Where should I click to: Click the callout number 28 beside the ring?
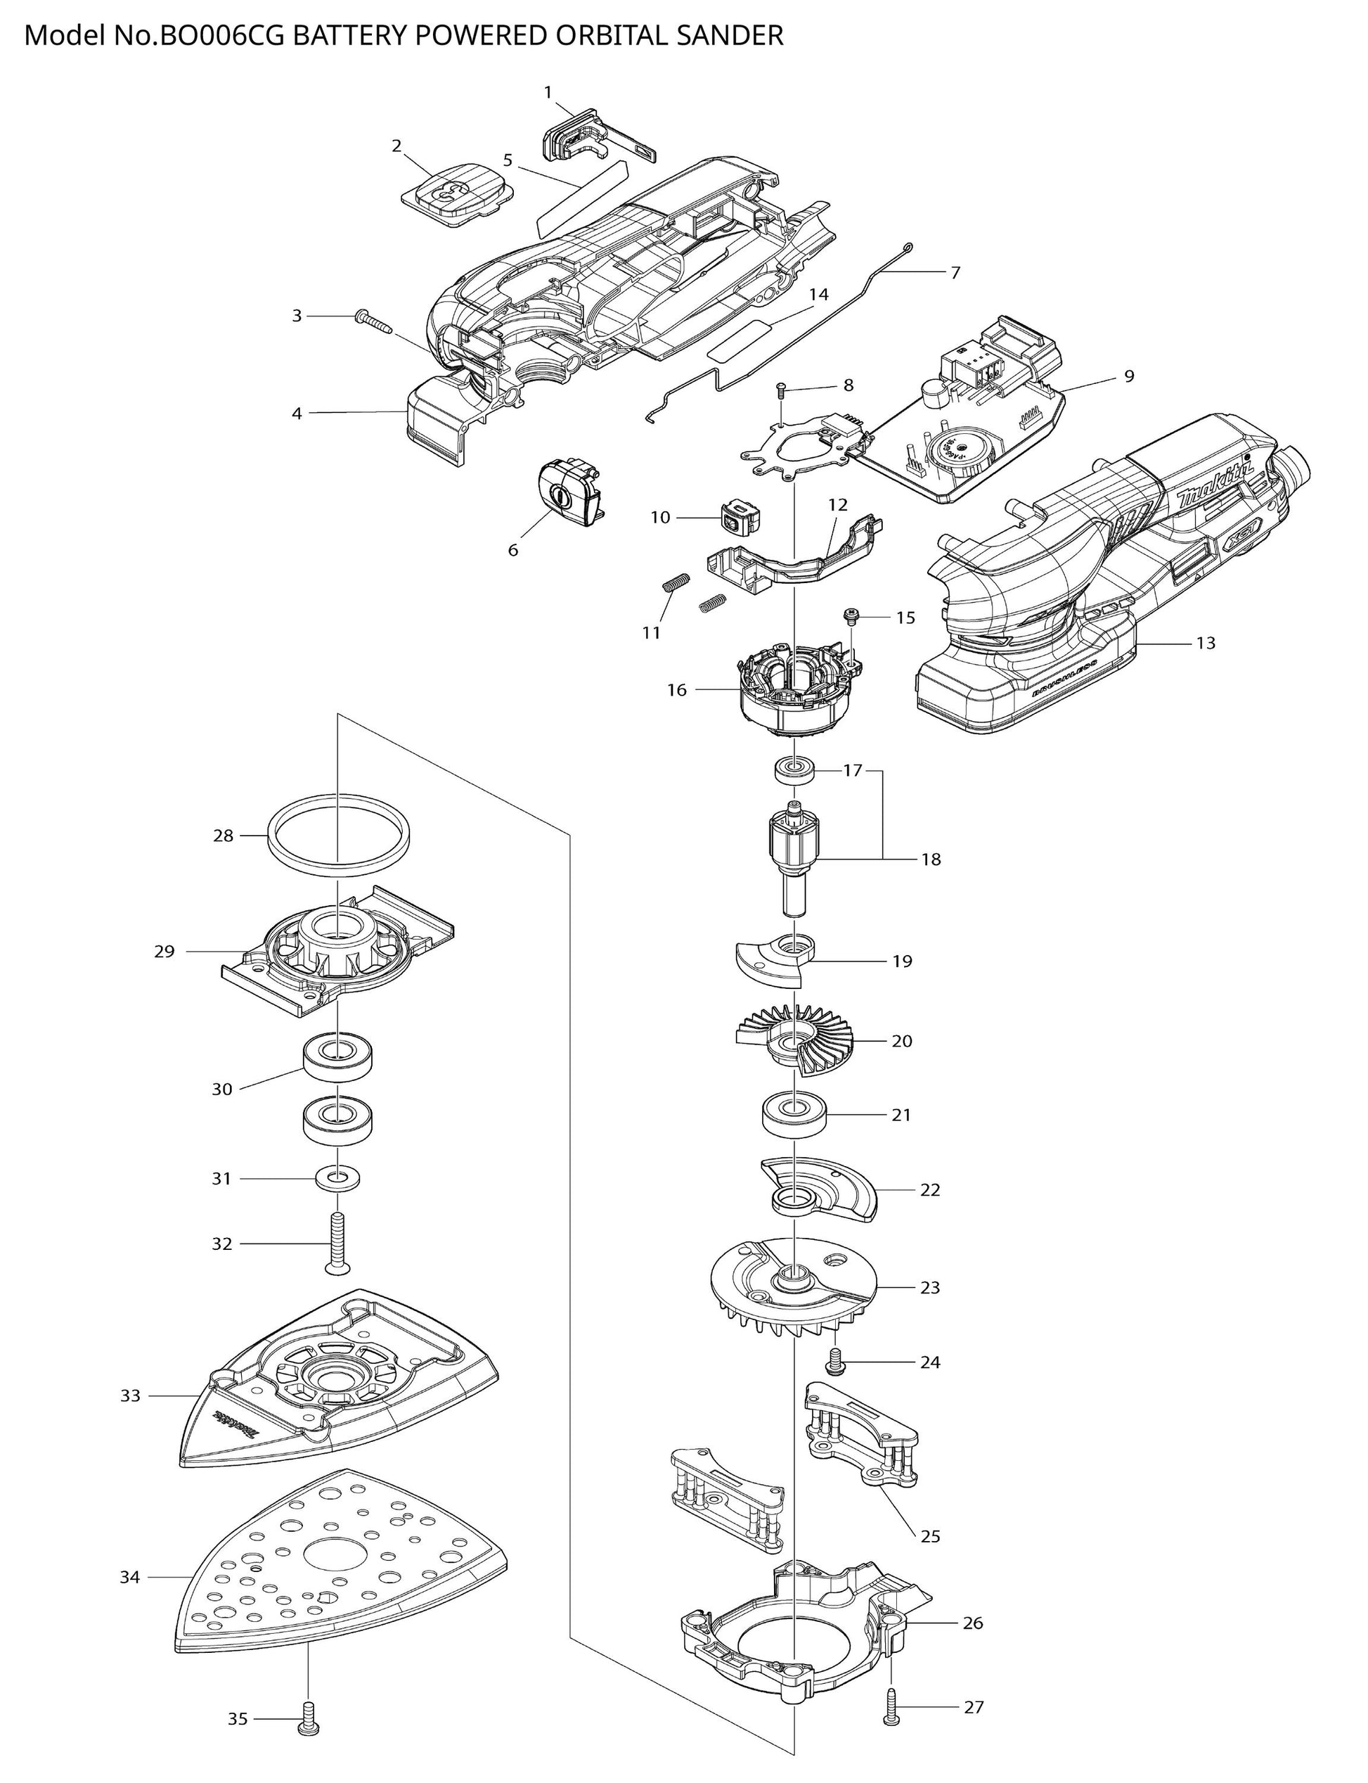click(223, 836)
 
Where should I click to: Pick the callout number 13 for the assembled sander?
click(1205, 644)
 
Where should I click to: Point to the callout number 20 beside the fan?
click(901, 1041)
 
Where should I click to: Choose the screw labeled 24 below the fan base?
click(834, 1361)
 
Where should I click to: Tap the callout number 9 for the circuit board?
click(1128, 376)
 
